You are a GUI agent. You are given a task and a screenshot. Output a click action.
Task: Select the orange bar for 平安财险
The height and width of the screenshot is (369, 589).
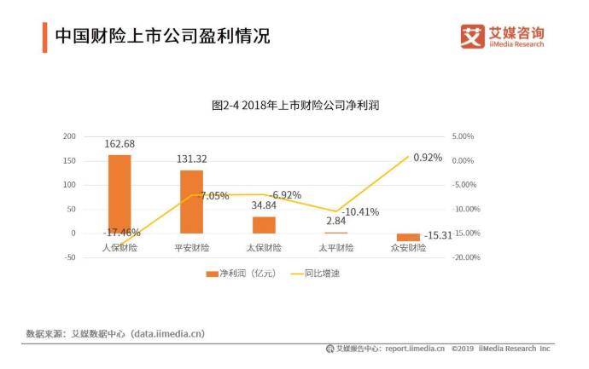coord(191,201)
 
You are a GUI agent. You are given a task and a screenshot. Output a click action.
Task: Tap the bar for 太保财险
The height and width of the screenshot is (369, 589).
coord(264,224)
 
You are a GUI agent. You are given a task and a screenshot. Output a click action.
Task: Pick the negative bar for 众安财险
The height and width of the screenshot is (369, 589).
coord(408,237)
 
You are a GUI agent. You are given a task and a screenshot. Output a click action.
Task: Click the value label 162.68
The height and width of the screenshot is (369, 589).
coord(120,144)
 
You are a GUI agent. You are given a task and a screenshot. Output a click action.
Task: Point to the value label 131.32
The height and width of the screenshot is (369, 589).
coord(191,159)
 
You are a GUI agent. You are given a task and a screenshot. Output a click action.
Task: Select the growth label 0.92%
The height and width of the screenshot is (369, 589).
coord(428,158)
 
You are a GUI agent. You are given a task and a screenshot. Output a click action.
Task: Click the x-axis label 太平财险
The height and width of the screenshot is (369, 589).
coord(335,248)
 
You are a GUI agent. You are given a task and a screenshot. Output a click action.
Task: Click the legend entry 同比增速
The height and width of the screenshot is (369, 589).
coord(316,274)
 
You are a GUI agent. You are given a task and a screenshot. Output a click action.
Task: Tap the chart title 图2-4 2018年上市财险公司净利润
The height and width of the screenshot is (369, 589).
coord(294,106)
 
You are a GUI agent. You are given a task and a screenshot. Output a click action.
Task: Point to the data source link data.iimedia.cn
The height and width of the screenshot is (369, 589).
coord(168,333)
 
